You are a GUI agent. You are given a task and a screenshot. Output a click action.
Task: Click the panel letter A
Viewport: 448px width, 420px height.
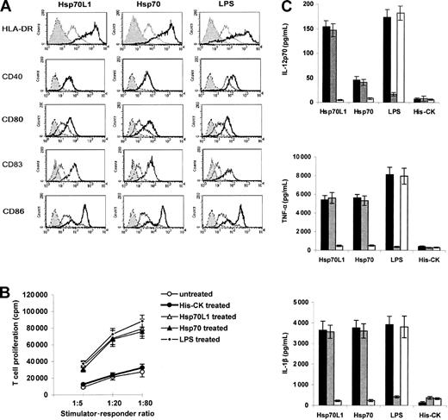7,7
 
